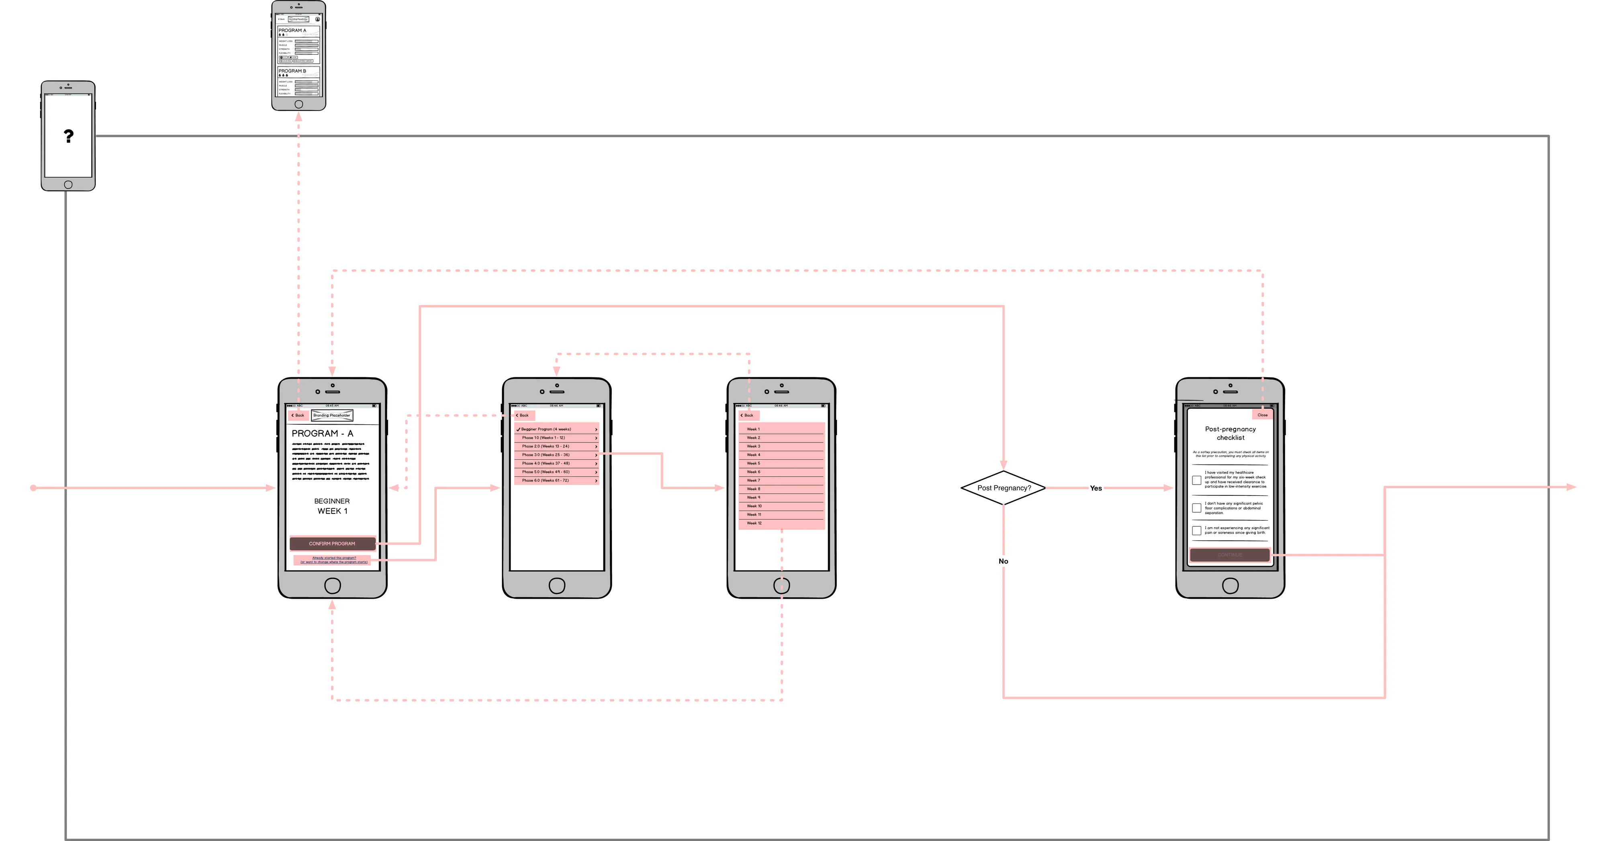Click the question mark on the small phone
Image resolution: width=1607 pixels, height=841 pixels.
69,136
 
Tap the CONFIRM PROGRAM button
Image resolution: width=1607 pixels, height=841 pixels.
332,543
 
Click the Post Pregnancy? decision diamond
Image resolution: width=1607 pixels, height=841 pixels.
1003,488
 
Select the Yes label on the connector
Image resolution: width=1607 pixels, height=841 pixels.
1096,489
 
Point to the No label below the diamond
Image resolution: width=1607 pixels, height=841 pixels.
1003,561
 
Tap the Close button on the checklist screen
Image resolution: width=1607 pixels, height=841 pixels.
1262,415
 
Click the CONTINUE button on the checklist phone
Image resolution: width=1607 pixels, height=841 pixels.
1230,555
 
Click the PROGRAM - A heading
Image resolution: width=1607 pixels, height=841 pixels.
323,434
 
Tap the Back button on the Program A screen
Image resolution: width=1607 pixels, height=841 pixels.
298,415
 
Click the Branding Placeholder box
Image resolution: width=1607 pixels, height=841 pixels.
332,415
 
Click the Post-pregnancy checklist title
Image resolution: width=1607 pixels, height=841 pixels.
1230,433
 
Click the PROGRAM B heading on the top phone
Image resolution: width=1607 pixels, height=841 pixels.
292,71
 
